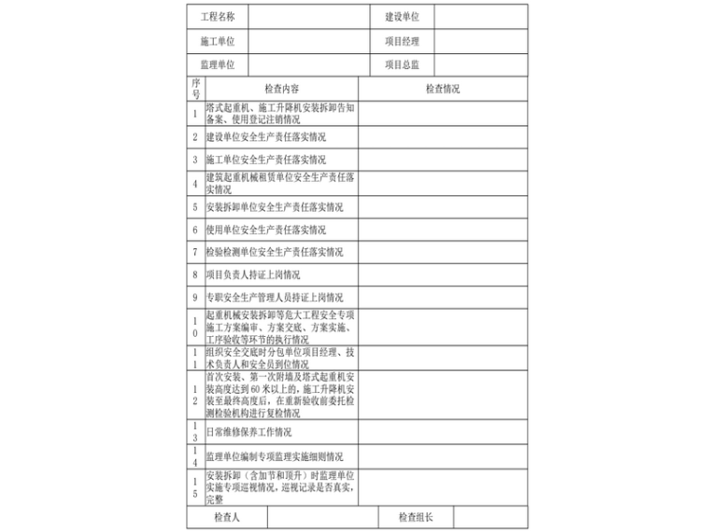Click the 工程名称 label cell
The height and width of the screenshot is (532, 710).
(218, 17)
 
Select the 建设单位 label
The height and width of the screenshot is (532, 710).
(402, 17)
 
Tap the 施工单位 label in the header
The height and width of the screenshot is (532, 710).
(218, 41)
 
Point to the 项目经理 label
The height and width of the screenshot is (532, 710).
(402, 41)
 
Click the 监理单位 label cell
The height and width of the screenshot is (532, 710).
(218, 64)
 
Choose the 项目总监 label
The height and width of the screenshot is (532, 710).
(402, 64)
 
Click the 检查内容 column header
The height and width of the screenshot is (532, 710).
(281, 90)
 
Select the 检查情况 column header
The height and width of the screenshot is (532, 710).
(442, 90)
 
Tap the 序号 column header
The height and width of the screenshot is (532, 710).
(195, 90)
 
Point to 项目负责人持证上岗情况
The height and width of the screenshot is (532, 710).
(253, 275)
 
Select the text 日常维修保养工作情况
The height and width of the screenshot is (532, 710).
(248, 432)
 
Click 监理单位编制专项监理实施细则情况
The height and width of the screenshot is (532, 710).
(275, 457)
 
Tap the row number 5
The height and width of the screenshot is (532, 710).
(195, 207)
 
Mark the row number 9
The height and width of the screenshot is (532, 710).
(195, 299)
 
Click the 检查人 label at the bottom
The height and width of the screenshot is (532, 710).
(227, 517)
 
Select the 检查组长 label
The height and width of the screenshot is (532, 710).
(415, 517)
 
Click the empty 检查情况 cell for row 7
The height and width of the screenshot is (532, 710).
(442, 252)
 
